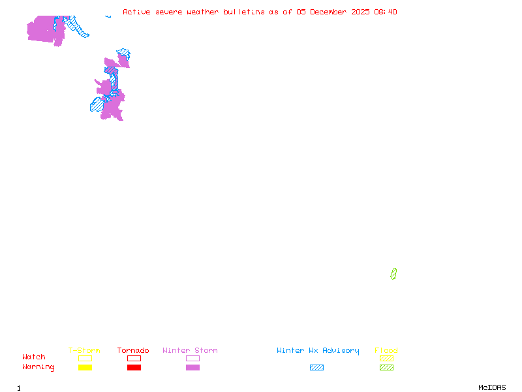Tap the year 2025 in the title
point(361,12)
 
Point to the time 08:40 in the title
point(386,12)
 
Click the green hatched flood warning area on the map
point(393,274)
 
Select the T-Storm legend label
point(84,351)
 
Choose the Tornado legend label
point(133,351)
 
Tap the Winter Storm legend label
point(190,351)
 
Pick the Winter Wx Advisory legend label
point(318,351)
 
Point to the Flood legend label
point(386,351)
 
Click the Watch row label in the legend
point(34,357)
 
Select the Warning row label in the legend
point(38,367)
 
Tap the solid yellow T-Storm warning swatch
point(85,368)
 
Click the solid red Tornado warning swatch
point(134,368)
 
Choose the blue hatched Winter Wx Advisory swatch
point(316,368)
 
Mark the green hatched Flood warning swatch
point(386,368)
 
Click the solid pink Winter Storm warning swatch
point(192,368)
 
